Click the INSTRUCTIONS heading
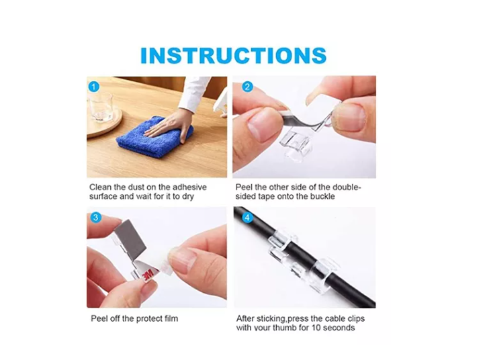pyautogui.click(x=233, y=55)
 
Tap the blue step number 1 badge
pyautogui.click(x=94, y=86)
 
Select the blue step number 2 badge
pyautogui.click(x=247, y=87)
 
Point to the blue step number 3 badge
pyautogui.click(x=96, y=217)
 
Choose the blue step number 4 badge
pyautogui.click(x=247, y=218)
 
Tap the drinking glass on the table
pyautogui.click(x=100, y=106)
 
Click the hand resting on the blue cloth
pyautogui.click(x=169, y=123)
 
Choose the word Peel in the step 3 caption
pyautogui.click(x=100, y=318)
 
